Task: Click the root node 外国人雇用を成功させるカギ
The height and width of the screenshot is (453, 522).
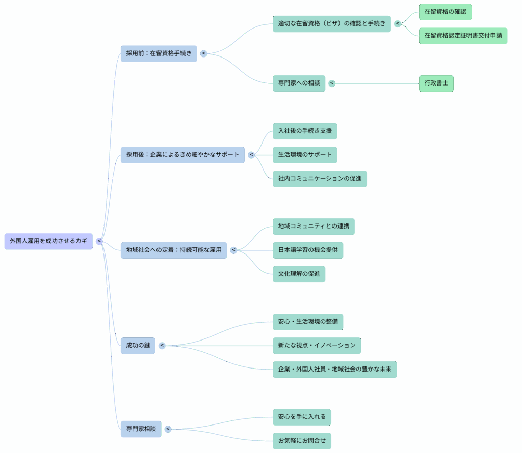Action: (x=48, y=241)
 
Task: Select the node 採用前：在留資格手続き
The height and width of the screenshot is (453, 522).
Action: (x=159, y=53)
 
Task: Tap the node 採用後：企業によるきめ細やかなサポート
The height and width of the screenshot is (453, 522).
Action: (x=182, y=155)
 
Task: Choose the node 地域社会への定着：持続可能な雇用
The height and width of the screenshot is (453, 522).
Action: (x=174, y=250)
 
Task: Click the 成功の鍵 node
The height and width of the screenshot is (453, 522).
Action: (x=138, y=346)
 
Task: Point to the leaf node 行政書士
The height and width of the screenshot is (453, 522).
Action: (x=436, y=83)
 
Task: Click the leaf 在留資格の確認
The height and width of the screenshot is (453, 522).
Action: (x=445, y=12)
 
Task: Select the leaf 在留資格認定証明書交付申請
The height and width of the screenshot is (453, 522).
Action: (x=463, y=36)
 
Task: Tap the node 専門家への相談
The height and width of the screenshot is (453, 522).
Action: (x=299, y=83)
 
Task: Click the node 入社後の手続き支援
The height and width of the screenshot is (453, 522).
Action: (x=305, y=131)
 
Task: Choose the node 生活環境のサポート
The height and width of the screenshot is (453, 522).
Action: (x=305, y=155)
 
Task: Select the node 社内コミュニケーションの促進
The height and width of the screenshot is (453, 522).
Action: (x=320, y=179)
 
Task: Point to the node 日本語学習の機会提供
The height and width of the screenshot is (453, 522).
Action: (x=308, y=250)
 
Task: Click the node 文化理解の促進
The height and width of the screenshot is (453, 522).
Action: (x=299, y=274)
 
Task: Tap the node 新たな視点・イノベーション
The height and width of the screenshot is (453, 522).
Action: (x=317, y=345)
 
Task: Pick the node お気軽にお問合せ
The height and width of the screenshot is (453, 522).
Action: (x=302, y=441)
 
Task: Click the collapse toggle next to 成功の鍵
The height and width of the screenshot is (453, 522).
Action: (x=162, y=346)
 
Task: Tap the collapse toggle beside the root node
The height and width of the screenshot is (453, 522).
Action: (x=99, y=241)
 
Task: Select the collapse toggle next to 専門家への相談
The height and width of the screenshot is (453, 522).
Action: (x=332, y=83)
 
